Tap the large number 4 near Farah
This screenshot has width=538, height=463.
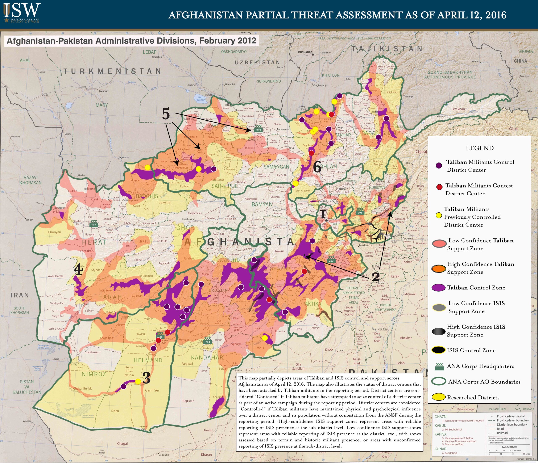[x=78, y=269]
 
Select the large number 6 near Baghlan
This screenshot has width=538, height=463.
[x=317, y=167]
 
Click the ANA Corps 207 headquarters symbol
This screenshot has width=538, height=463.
[x=94, y=224]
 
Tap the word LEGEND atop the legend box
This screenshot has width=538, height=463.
[x=480, y=148]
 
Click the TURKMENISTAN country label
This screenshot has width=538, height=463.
[x=112, y=71]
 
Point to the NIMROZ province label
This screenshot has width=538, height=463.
[x=94, y=374]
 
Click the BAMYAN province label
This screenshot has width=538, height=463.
[x=262, y=204]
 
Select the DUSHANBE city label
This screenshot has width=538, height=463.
[x=305, y=52]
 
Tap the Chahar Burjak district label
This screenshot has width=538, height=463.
[x=83, y=388]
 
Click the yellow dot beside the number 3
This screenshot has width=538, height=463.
[x=138, y=381]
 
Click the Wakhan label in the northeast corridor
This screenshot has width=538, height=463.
[x=459, y=109]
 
